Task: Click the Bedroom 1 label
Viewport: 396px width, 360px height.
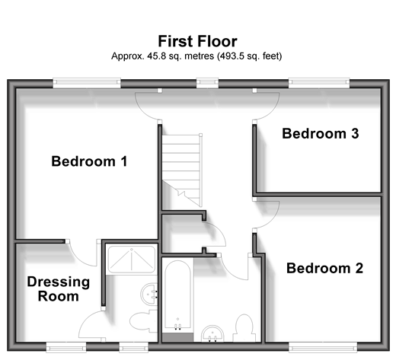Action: click(89, 161)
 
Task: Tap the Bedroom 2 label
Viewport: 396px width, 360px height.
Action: click(324, 268)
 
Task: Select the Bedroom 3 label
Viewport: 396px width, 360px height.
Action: click(321, 133)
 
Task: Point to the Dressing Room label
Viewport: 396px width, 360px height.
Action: click(59, 289)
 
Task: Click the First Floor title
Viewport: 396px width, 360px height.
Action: click(197, 41)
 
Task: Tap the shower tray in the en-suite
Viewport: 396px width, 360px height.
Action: click(132, 259)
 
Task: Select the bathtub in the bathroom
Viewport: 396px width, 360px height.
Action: click(177, 295)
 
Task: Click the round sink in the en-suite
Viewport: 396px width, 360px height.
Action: click(149, 294)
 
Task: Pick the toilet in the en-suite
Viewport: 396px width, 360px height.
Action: click(143, 321)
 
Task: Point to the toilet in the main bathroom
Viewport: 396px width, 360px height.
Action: click(244, 328)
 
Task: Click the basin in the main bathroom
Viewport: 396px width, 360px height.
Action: click(212, 333)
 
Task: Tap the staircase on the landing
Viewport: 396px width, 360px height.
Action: click(182, 170)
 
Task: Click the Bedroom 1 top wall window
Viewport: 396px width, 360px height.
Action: click(87, 83)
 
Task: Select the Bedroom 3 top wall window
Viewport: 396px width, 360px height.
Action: click(319, 83)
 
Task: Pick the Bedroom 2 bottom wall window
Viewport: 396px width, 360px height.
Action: click(323, 347)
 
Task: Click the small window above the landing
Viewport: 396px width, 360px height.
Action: click(207, 83)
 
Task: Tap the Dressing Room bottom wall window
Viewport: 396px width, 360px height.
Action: click(66, 347)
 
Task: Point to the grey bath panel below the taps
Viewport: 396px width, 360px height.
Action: click(177, 338)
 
